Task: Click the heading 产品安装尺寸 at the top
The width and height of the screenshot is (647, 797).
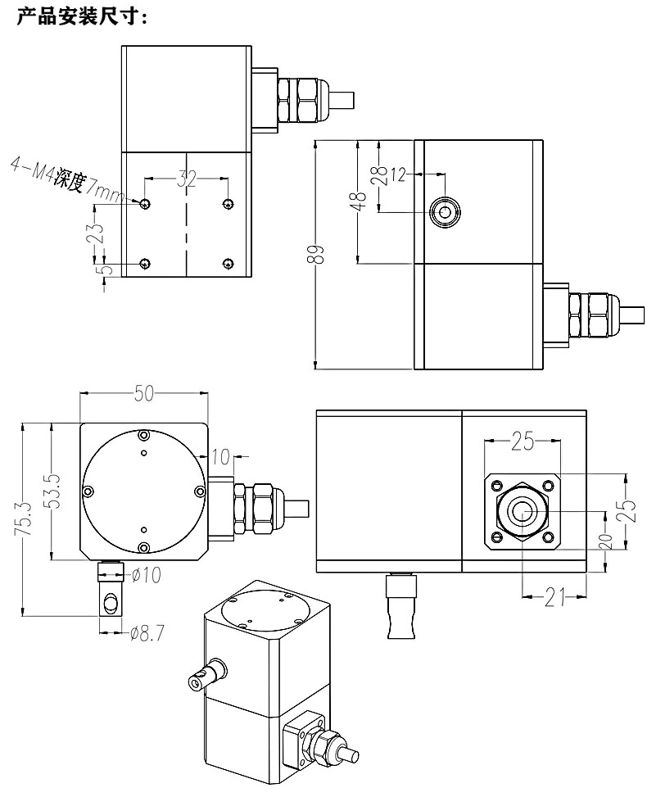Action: [81, 17]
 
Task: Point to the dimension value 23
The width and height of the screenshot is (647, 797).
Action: [97, 233]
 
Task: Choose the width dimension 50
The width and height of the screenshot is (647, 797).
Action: [144, 394]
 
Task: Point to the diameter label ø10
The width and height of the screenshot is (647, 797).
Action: [146, 574]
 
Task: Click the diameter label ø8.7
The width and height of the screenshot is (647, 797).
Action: [147, 632]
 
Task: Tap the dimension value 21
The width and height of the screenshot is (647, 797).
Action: [556, 600]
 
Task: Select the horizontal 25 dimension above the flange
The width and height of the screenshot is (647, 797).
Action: [523, 443]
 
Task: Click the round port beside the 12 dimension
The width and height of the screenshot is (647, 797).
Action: [446, 212]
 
